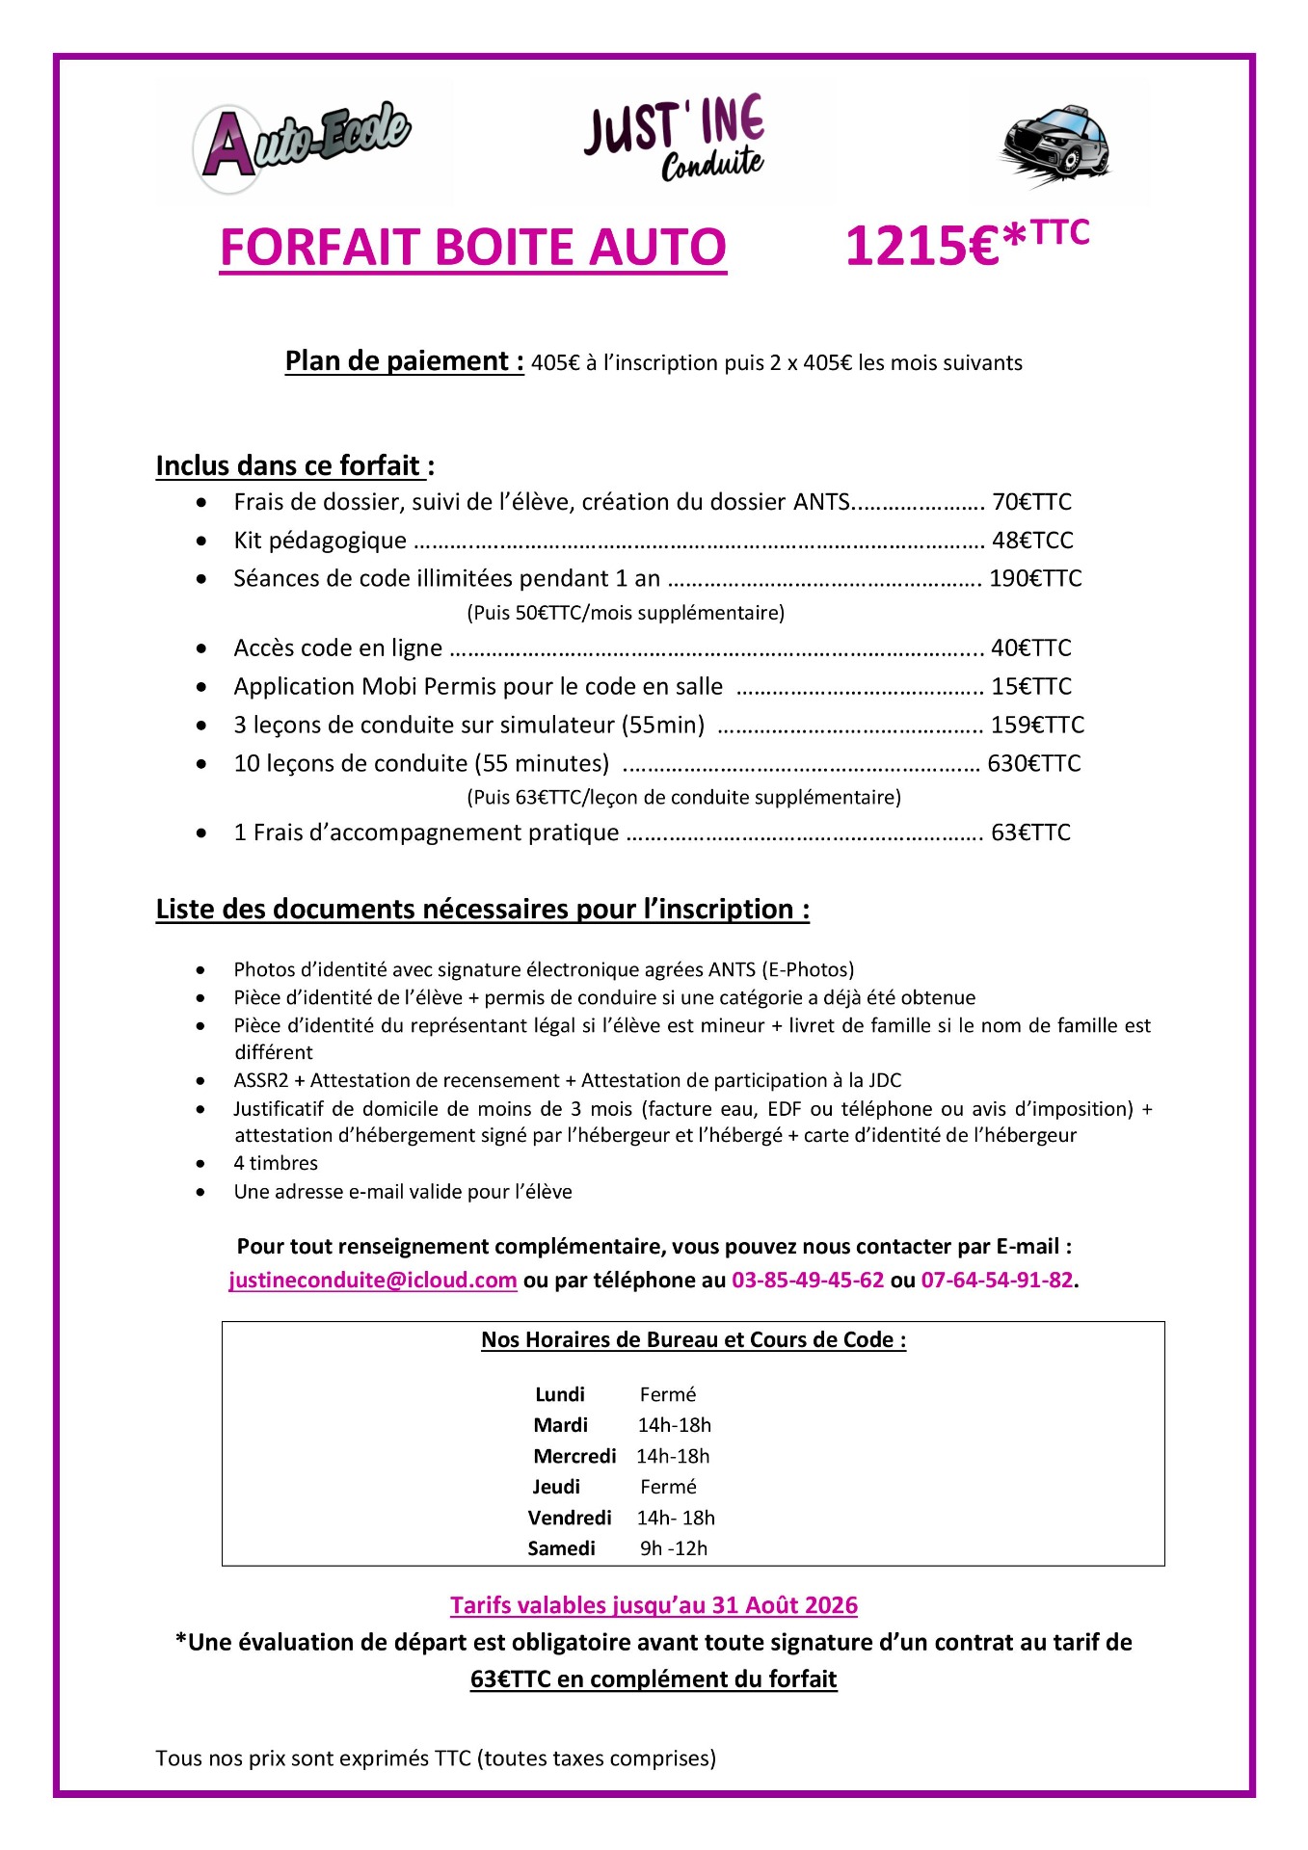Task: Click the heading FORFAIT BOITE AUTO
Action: pos(472,248)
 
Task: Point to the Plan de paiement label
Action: pos(404,361)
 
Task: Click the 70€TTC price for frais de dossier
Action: pos(1031,502)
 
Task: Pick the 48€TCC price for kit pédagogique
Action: pos(1032,541)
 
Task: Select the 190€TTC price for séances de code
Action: pos(1035,579)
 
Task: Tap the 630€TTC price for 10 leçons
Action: pos(1034,764)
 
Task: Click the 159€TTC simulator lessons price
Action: pos(1037,726)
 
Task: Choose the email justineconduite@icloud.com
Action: pos(373,1281)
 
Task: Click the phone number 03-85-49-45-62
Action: pos(808,1281)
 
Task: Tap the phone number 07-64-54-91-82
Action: pos(997,1281)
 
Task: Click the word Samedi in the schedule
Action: pos(561,1548)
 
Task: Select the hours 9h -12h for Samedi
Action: pos(674,1548)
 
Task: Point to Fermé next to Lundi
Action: pos(667,1394)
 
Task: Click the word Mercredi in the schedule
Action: pos(574,1456)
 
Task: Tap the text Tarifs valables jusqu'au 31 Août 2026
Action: pos(654,1605)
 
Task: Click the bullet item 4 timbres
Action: pos(276,1164)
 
